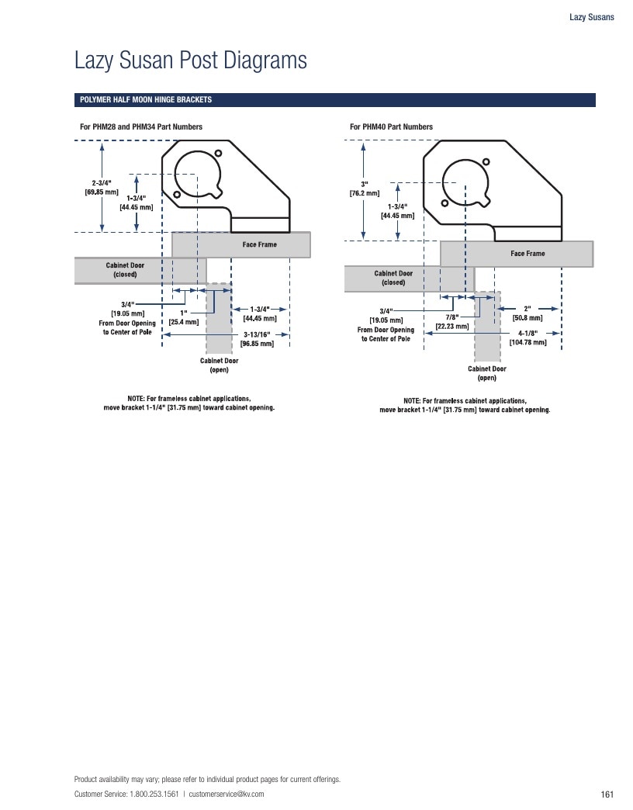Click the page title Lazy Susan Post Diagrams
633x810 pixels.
[191, 60]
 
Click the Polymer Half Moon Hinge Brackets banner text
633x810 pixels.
[146, 100]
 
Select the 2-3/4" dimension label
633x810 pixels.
[102, 188]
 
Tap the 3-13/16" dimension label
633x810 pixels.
[257, 339]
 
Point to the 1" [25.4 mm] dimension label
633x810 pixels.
[184, 317]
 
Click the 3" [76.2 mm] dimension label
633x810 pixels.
[365, 189]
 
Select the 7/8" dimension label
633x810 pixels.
[452, 322]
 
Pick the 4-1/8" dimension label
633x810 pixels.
[527, 337]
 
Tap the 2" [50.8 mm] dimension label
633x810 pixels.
[527, 313]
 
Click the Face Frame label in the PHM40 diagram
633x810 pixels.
[527, 254]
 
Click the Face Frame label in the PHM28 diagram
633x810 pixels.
[260, 244]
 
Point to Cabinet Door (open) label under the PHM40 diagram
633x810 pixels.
[487, 373]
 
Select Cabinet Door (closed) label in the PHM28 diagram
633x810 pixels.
[125, 270]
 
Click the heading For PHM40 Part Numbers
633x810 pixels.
[392, 126]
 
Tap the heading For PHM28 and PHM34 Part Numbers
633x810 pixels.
[141, 126]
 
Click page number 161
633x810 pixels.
[607, 794]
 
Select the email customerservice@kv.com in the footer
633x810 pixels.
[227, 794]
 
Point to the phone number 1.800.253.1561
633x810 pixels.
[154, 794]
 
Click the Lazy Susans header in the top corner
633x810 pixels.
[592, 17]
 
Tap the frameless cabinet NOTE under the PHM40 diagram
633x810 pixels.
[465, 405]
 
